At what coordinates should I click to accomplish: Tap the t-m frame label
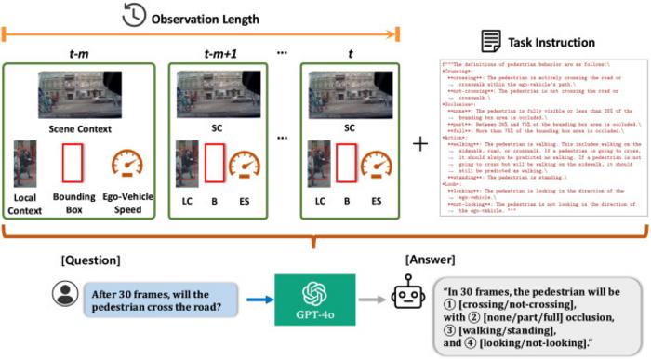click(x=79, y=54)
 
